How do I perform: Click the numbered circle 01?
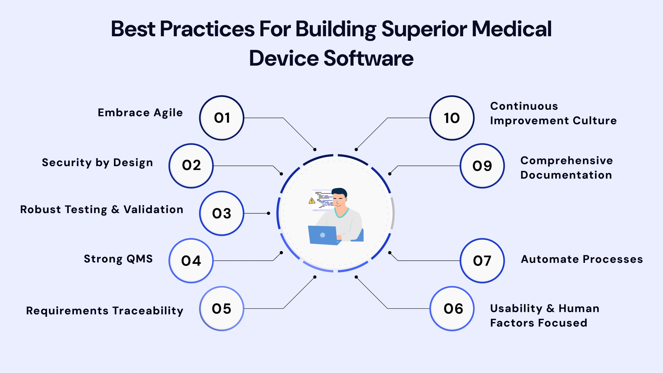click(x=222, y=118)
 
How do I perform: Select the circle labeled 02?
click(x=191, y=165)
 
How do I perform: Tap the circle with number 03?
click(x=222, y=213)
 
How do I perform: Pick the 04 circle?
click(x=191, y=261)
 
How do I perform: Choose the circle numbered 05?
click(x=222, y=308)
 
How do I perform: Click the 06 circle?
click(x=452, y=308)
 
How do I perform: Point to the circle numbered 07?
click(x=482, y=261)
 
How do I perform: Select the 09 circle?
click(x=482, y=166)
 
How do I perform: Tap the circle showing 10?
click(x=452, y=118)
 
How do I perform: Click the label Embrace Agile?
click(x=140, y=113)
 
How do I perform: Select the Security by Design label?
click(x=97, y=162)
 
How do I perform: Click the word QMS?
click(x=140, y=259)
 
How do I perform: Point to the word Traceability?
click(x=148, y=310)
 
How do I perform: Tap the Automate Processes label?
click(x=582, y=259)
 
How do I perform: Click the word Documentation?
click(x=566, y=175)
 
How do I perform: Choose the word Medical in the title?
click(x=511, y=29)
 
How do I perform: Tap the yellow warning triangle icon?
click(x=312, y=200)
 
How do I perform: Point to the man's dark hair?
click(x=340, y=192)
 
